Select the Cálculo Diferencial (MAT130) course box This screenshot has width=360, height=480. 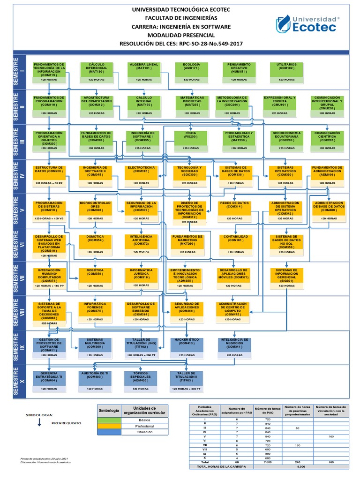(x=96, y=69)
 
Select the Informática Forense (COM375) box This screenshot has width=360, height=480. (x=96, y=309)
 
